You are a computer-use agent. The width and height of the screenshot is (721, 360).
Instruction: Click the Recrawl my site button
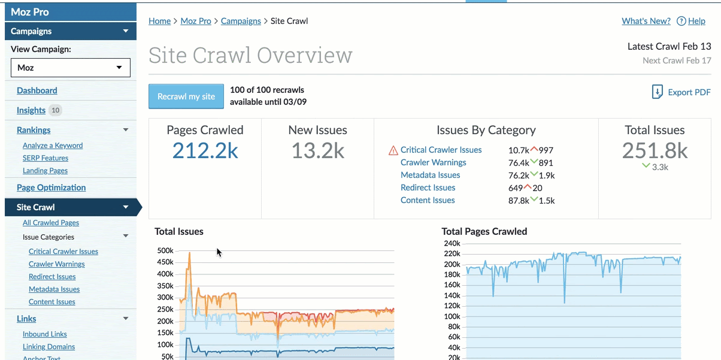coord(186,96)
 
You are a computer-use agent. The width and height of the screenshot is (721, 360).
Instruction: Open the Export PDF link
coord(681,92)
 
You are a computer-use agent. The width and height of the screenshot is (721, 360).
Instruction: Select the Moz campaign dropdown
coord(71,68)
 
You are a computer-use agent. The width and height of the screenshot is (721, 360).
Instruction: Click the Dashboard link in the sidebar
coord(37,90)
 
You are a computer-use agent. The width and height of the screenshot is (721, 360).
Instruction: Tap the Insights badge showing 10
coord(55,110)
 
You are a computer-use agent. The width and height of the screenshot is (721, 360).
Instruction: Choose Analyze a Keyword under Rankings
coord(53,146)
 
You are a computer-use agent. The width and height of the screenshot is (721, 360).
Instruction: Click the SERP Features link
coord(46,158)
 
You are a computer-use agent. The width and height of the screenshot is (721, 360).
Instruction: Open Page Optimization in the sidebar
coord(51,187)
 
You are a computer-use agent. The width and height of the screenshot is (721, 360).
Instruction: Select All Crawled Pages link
coord(51,223)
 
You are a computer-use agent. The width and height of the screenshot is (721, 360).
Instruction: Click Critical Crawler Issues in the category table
coord(441,150)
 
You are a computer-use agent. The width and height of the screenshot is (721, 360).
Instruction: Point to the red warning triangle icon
coord(393,150)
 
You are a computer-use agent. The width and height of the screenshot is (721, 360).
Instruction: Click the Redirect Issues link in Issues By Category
coord(428,187)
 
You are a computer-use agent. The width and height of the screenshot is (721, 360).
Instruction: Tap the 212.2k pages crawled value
coord(205,150)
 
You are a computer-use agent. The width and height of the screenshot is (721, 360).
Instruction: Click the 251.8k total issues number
coord(655,150)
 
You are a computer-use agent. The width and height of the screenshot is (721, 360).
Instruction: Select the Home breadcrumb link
coord(160,21)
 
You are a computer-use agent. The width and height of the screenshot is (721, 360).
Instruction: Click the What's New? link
coord(646,21)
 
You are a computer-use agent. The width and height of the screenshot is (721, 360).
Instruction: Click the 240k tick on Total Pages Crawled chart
coord(452,243)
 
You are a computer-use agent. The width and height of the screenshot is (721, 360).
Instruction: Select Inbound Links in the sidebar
coord(45,334)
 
